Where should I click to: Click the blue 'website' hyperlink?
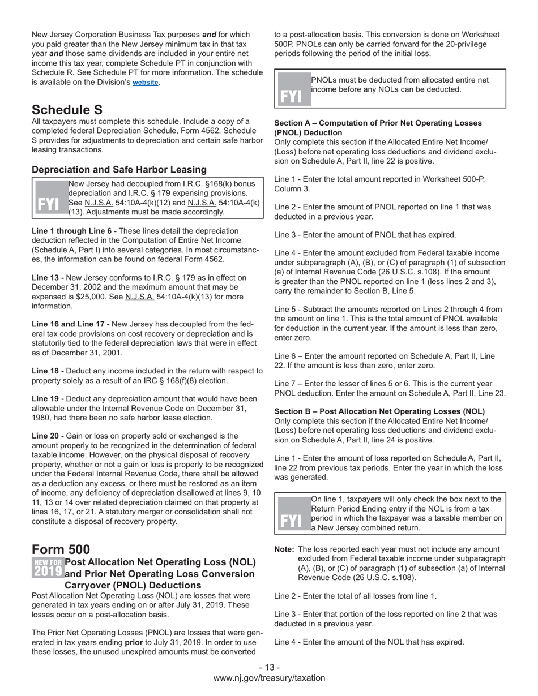coord(146,83)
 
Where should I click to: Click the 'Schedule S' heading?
coord(67,110)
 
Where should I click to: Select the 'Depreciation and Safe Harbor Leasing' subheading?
coord(119,170)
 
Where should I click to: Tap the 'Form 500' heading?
coord(61,549)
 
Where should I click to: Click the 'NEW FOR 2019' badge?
coord(48,568)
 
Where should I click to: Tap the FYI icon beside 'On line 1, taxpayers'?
coord(293,514)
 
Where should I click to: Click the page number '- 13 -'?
coord(269,668)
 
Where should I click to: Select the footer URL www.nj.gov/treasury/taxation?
coord(269,678)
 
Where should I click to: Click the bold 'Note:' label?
coord(284,549)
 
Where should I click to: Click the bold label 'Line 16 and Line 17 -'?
coord(71,324)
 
